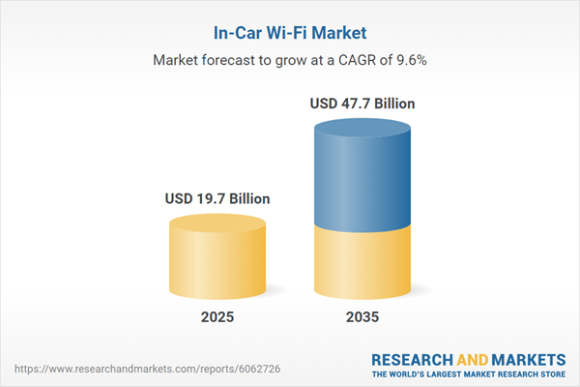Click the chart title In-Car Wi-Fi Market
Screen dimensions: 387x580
289,33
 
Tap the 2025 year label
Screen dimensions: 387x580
218,316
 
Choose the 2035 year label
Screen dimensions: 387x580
363,316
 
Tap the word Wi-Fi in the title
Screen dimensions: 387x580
296,33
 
